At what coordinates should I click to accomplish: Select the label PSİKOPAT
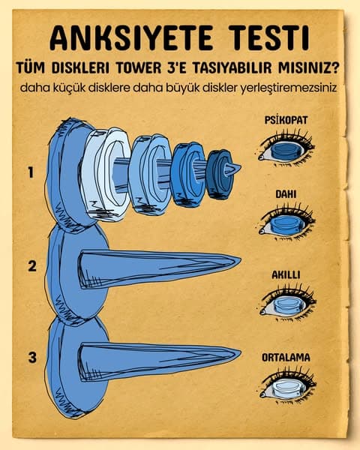point(286,119)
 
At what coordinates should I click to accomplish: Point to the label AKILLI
point(286,274)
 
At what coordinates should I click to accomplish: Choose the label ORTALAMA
point(286,357)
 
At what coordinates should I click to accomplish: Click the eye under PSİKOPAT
point(285,151)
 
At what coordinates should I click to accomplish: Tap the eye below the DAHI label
point(286,224)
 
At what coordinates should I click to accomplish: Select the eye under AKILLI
point(286,305)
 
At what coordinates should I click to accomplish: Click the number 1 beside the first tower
point(31,172)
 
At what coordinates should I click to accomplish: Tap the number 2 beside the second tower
point(31,265)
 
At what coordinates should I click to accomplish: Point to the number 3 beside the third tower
point(31,357)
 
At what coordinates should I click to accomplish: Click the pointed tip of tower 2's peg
point(238,261)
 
